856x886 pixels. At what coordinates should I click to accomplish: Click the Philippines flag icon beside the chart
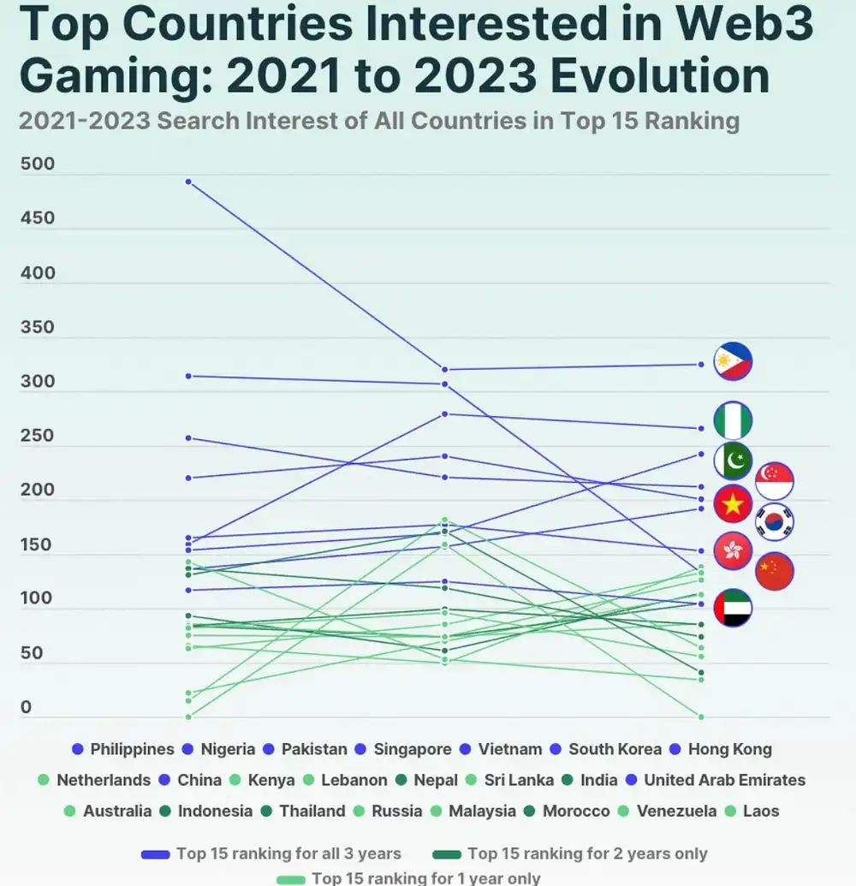(x=733, y=362)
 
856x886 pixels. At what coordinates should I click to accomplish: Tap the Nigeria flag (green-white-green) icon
(x=733, y=420)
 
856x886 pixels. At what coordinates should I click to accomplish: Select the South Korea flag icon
(x=775, y=522)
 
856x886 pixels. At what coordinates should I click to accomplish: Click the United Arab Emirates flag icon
(x=733, y=608)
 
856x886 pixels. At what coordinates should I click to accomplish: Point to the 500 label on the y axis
(x=38, y=164)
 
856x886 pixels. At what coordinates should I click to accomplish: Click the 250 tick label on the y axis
(x=38, y=436)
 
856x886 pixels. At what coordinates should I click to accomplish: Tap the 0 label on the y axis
(x=26, y=707)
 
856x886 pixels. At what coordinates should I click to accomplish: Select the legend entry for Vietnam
(x=501, y=749)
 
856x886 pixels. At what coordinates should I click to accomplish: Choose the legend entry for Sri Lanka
(x=507, y=780)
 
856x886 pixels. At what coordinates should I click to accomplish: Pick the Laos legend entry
(x=752, y=811)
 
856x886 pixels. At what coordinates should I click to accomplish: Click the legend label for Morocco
(x=567, y=811)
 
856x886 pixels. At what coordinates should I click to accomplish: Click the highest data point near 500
(x=187, y=181)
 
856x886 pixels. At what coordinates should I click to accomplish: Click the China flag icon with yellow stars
(x=775, y=571)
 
